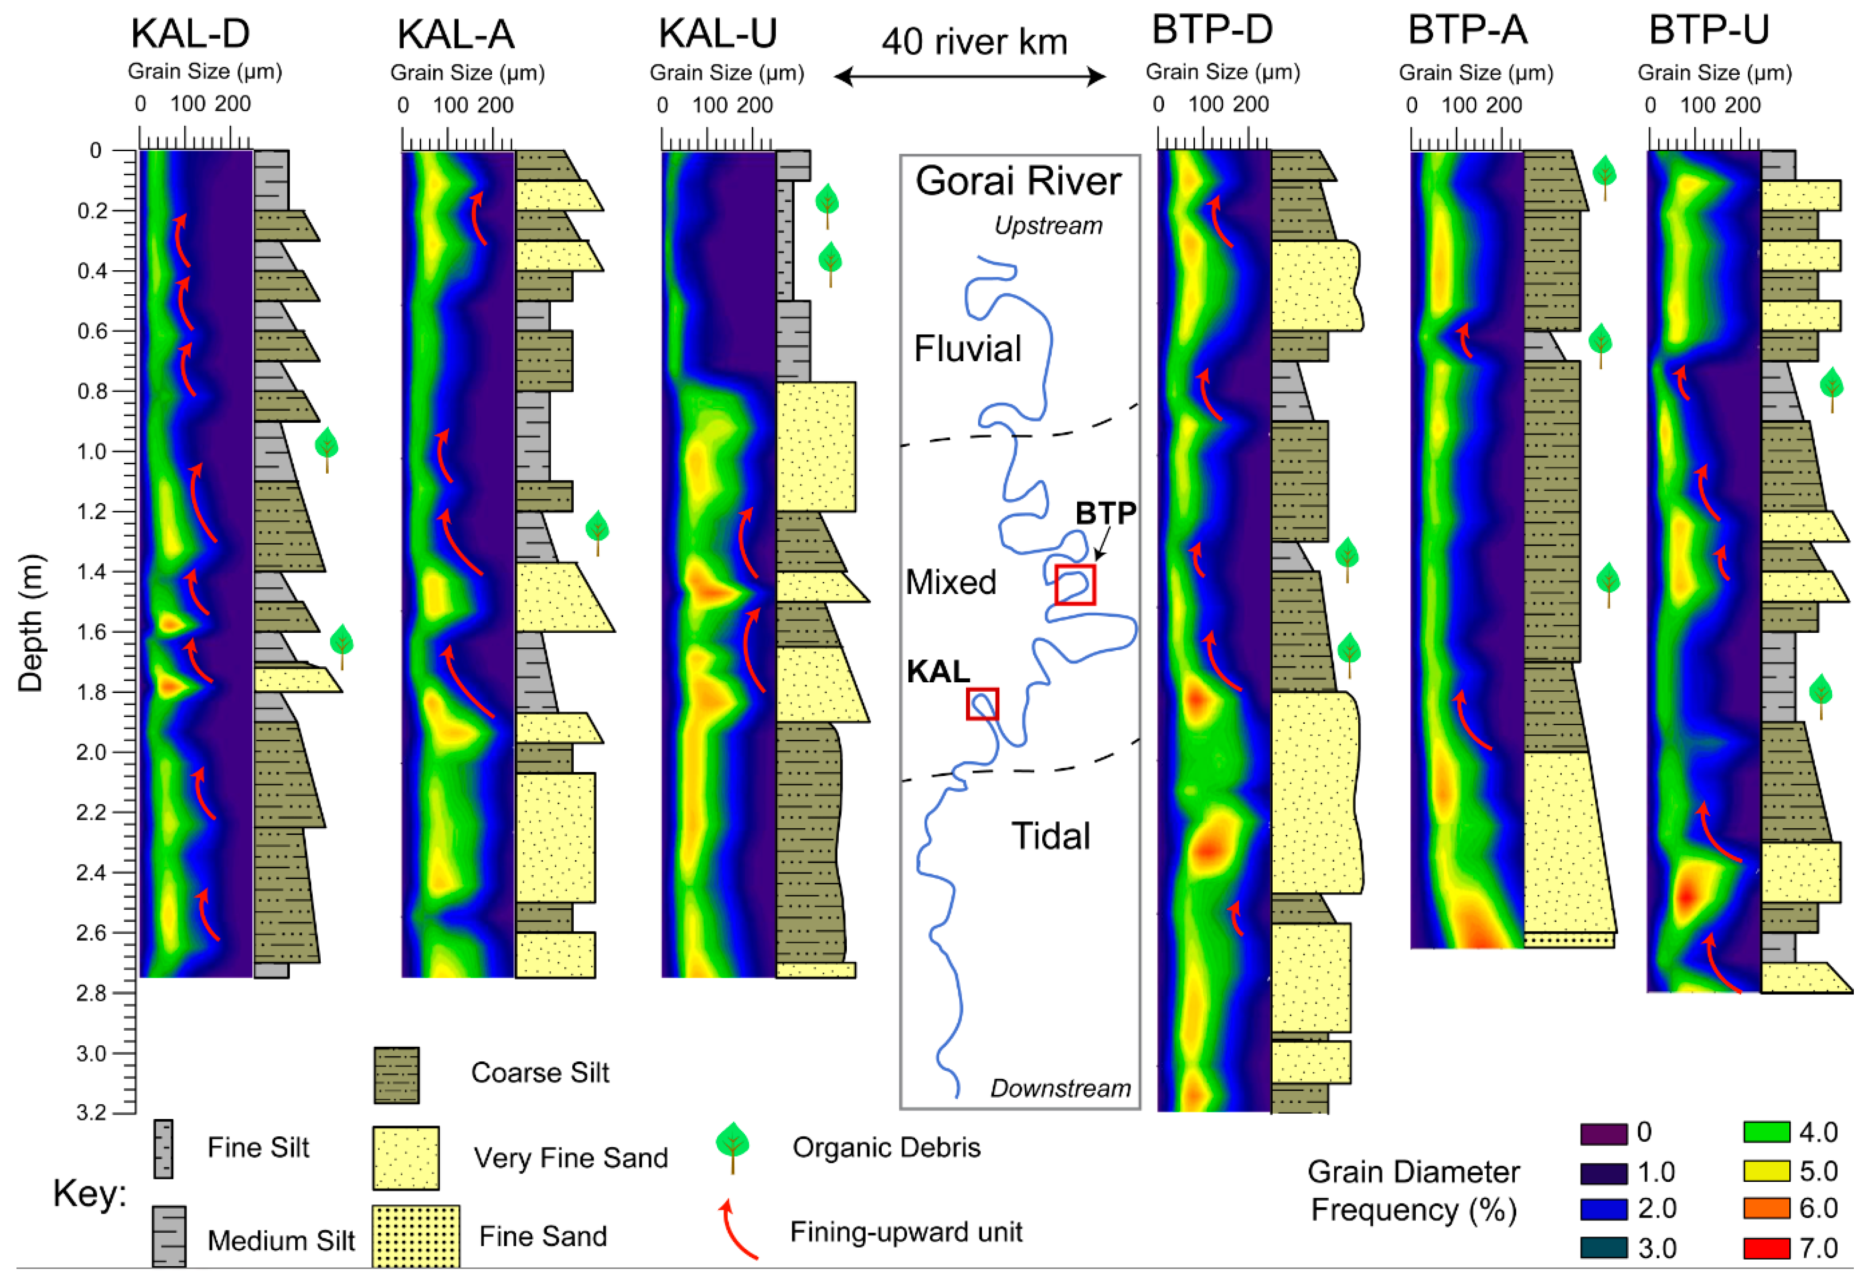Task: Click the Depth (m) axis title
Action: click(31, 623)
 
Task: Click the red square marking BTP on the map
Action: click(1075, 584)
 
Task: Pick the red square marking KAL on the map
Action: click(982, 703)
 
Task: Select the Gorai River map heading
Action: click(1018, 181)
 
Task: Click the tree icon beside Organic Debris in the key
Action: click(732, 1146)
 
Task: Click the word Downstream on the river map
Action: click(1060, 1088)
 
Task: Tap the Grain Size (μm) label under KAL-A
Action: click(467, 73)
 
